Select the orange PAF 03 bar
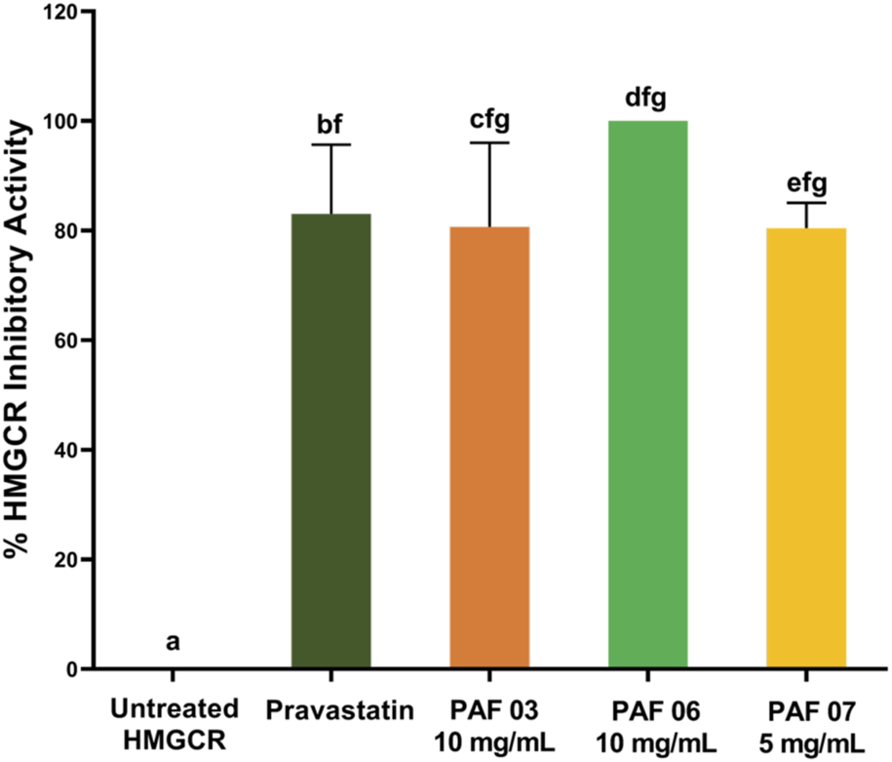(x=489, y=448)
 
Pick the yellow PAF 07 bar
(x=806, y=449)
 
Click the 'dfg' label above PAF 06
(x=648, y=99)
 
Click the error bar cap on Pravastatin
(x=330, y=145)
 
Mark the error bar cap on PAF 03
(x=489, y=143)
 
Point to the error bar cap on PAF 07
(x=806, y=202)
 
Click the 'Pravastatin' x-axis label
(x=330, y=706)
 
